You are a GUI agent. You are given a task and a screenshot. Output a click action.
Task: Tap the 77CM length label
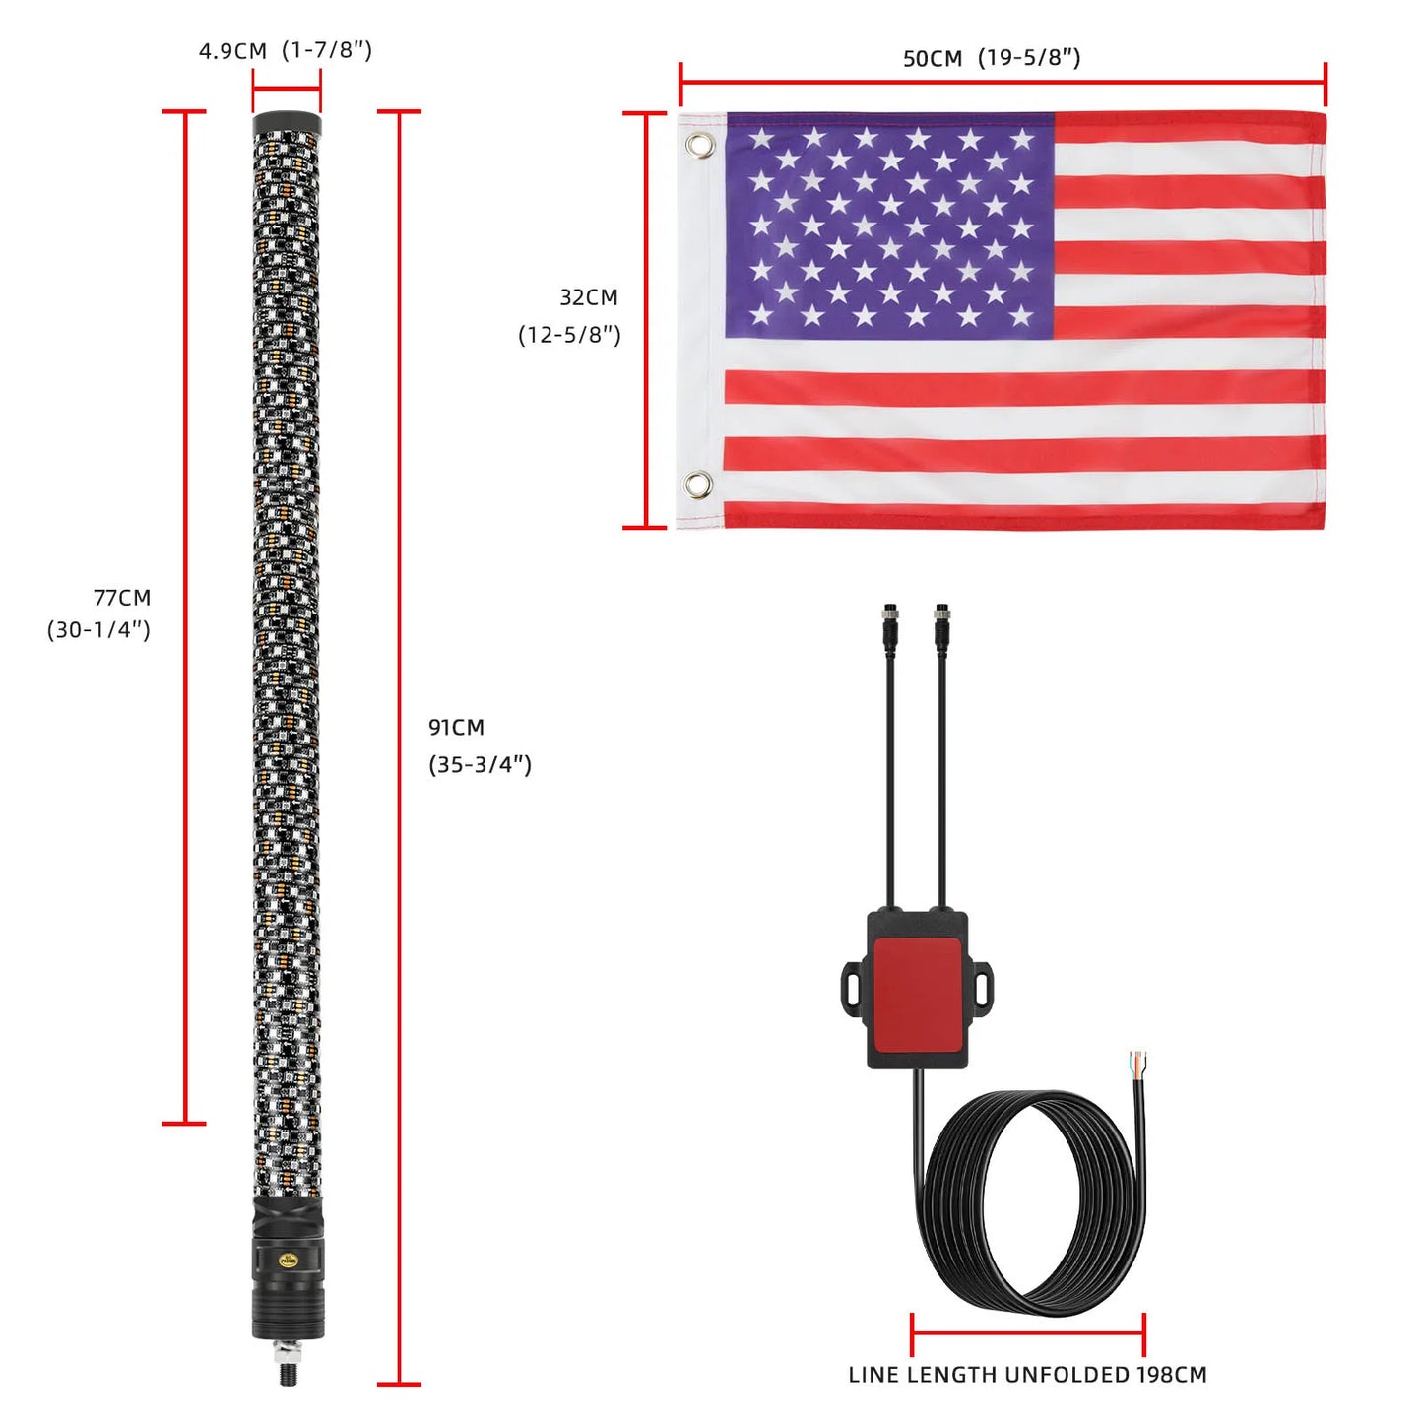click(122, 598)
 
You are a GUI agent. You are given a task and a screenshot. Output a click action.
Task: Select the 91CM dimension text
click(456, 728)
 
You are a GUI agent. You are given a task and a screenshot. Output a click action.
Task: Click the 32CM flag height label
click(589, 297)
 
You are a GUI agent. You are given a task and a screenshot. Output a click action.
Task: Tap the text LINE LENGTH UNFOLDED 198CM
click(1027, 1375)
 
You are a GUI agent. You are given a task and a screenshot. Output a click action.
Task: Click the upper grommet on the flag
click(698, 145)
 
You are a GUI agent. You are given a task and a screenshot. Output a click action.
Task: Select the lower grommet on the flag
click(698, 485)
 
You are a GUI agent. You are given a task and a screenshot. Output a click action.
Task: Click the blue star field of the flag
click(889, 226)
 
